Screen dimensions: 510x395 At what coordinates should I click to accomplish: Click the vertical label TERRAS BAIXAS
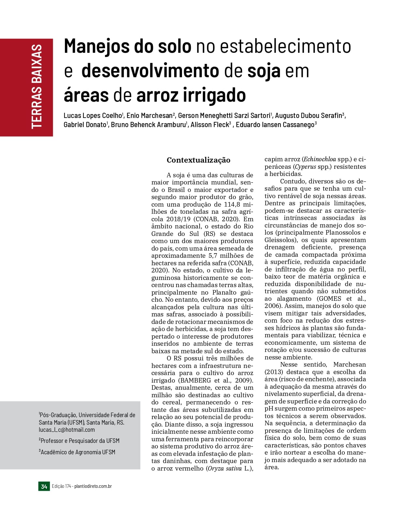point(37,87)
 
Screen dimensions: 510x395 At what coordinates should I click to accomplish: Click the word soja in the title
point(264,71)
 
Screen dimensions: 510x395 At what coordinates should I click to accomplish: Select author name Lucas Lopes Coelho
point(93,115)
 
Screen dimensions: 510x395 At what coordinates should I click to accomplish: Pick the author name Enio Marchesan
point(149,115)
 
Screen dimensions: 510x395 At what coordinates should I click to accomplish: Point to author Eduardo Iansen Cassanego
point(275,125)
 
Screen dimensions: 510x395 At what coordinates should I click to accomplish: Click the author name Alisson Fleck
point(210,125)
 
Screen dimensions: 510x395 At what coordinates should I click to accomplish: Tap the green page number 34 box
point(44,487)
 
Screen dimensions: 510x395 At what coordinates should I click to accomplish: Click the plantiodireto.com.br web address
point(93,486)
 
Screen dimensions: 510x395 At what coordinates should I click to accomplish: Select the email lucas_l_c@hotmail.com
point(67,430)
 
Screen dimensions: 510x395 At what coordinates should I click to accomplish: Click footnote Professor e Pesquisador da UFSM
point(80,441)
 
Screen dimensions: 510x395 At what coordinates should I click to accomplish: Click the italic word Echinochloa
point(319,159)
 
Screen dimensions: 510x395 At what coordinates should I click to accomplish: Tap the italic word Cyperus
point(305,167)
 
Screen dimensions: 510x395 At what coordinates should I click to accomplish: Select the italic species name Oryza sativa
point(224,469)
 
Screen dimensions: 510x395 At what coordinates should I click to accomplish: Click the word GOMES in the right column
point(329,299)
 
